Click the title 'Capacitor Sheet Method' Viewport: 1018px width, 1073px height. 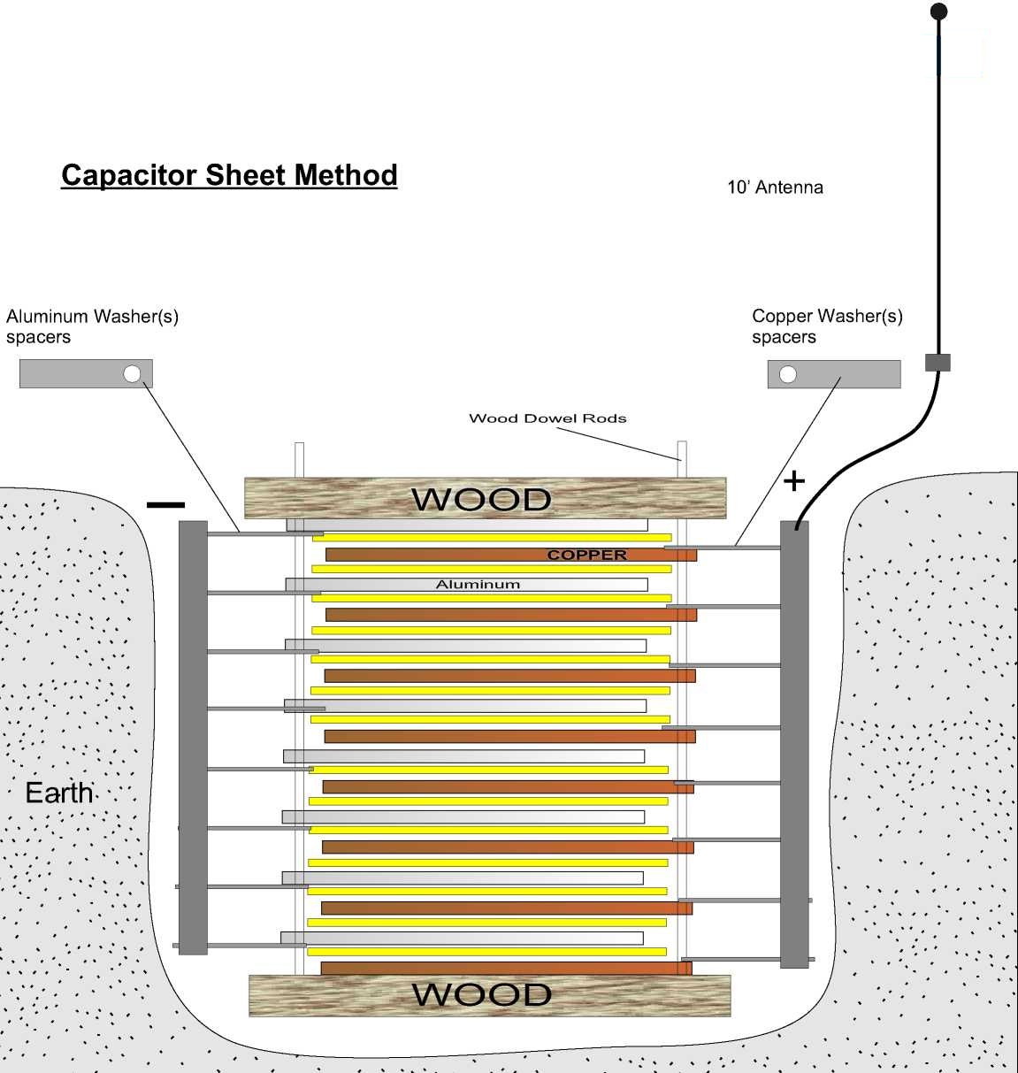229,175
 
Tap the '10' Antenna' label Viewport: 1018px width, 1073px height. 775,188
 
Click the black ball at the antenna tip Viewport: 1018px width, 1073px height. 939,11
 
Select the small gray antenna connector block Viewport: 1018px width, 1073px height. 938,363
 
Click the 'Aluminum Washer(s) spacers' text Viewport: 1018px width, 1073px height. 92,326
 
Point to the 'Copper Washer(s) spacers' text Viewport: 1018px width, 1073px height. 827,326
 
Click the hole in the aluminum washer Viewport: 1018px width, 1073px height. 132,373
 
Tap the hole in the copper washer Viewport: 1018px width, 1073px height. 787,374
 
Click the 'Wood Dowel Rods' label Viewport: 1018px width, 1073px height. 547,418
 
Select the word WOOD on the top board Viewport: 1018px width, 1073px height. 482,500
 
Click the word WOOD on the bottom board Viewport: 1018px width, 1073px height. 482,995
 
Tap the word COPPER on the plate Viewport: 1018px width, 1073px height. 587,556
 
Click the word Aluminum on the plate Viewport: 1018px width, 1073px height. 478,585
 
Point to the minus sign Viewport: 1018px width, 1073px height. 165,505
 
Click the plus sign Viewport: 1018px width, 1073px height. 794,481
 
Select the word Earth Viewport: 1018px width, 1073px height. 59,793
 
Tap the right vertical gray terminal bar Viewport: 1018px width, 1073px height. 794,744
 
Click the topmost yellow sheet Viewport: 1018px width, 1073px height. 492,537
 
